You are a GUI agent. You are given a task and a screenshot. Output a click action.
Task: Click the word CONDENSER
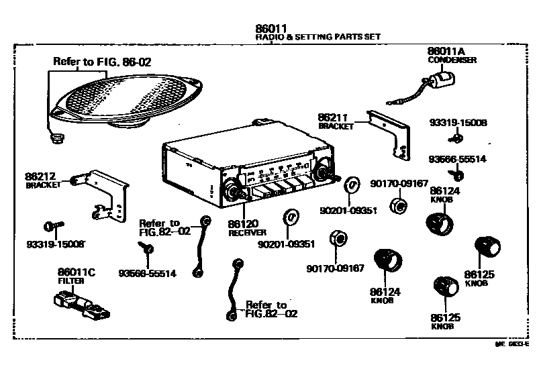pyautogui.click(x=452, y=60)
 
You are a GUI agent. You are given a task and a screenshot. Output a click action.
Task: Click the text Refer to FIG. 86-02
pyautogui.click(x=102, y=62)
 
